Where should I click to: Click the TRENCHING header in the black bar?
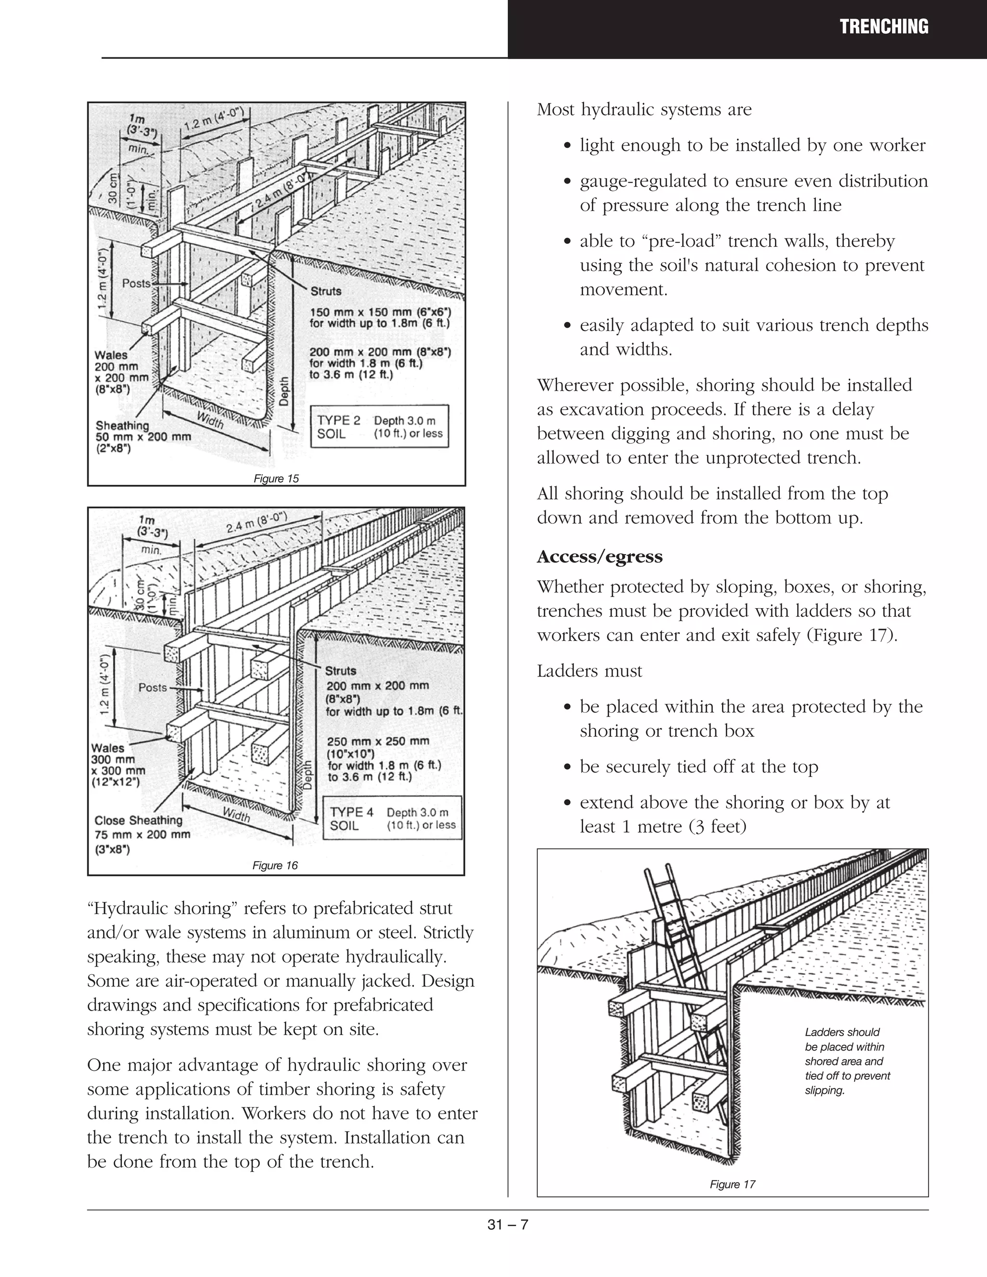tap(883, 27)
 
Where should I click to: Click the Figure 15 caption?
tap(276, 479)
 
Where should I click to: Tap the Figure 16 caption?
tap(275, 865)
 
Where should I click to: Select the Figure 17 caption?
tap(732, 1184)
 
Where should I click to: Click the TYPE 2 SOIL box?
tap(379, 427)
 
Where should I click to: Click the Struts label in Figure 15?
tap(326, 291)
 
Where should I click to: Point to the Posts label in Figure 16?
tap(153, 688)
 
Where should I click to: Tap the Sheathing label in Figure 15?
tap(122, 426)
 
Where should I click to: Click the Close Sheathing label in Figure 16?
tap(139, 820)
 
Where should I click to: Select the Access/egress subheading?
tap(600, 557)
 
